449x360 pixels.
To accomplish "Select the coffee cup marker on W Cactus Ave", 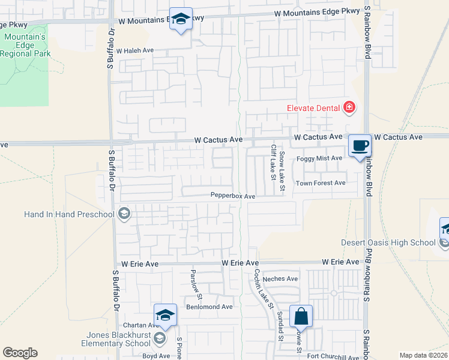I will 360,146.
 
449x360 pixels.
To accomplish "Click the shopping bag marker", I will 301,316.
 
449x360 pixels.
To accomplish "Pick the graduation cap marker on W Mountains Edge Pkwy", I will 181,19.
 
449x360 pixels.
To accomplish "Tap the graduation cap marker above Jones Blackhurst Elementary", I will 166,316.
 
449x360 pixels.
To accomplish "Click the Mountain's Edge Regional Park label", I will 26,45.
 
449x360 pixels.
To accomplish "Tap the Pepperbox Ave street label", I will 233,196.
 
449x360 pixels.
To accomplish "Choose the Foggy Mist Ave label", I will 319,158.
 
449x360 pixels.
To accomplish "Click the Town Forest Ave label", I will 321,183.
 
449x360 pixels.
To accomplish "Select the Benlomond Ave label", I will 209,307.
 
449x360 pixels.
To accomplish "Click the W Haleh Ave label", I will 136,51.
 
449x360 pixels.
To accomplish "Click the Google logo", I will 20,353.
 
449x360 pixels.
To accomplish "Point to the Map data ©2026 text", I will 423,355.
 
